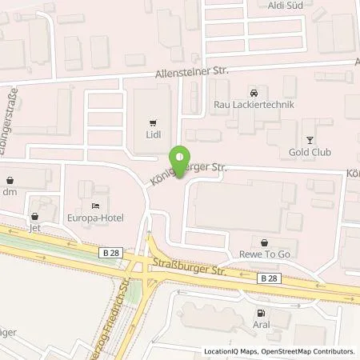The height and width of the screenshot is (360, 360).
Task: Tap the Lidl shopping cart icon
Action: pos(152,123)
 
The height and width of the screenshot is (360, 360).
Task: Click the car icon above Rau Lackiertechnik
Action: pos(254,92)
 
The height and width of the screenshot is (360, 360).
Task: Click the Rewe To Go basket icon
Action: pos(266,242)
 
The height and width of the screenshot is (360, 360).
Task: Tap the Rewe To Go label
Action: pos(266,255)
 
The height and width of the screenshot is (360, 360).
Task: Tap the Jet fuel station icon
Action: pos(34,216)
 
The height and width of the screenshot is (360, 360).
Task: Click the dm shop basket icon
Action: pos(10,179)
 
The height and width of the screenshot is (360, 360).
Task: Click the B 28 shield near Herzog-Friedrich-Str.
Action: pos(112,252)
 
